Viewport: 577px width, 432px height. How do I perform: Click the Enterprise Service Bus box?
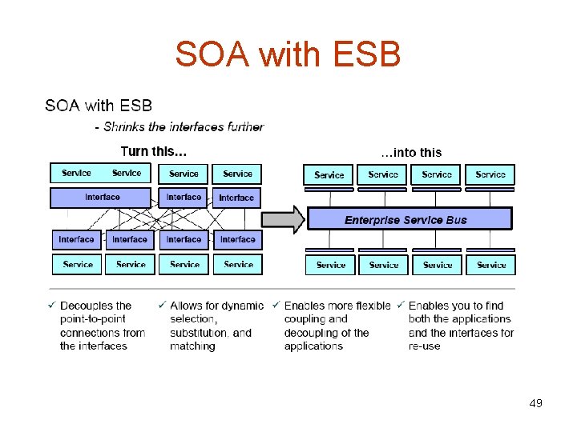406,219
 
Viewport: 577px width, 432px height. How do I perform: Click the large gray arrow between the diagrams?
284,219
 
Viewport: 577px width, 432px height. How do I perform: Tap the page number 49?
535,403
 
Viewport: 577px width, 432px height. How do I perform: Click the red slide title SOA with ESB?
288,54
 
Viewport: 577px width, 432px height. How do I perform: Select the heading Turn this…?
154,151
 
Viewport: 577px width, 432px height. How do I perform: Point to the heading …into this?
410,152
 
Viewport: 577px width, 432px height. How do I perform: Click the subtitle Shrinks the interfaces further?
184,126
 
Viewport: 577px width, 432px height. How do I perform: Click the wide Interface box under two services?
101,197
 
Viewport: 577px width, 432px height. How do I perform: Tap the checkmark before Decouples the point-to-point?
52,306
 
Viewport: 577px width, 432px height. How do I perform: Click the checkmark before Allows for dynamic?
162,305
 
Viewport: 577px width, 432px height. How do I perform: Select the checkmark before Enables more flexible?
276,305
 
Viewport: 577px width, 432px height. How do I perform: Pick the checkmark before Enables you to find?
401,305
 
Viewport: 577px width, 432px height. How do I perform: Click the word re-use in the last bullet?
424,346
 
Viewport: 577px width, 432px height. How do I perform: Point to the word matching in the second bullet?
192,346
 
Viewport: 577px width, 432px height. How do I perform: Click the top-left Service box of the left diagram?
76,174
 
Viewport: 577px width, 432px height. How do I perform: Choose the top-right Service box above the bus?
490,175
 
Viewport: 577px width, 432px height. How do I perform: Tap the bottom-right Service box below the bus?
490,265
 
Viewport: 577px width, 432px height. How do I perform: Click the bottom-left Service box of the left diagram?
77,264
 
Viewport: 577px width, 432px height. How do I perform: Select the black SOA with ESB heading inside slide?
99,106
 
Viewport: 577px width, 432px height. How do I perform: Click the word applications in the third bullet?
313,346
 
